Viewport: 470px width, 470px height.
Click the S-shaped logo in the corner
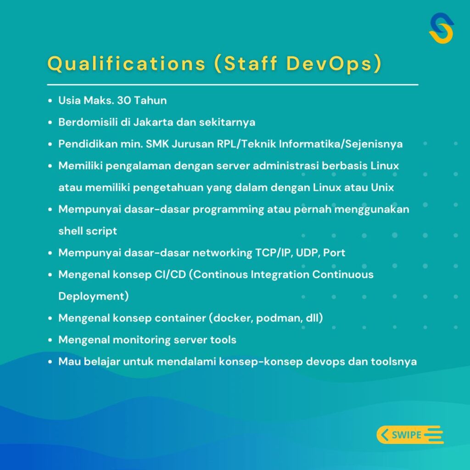click(x=441, y=28)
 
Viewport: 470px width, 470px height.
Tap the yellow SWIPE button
click(x=410, y=434)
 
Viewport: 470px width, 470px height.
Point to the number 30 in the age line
click(x=124, y=100)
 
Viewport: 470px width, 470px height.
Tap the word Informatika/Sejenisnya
click(x=341, y=144)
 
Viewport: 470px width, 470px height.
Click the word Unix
click(x=382, y=187)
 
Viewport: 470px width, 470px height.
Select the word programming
click(x=228, y=209)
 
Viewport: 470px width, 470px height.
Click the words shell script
click(x=88, y=231)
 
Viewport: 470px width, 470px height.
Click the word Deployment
click(x=91, y=296)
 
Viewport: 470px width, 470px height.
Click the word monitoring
click(x=142, y=340)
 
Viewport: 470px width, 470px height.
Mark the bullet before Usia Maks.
click(x=50, y=101)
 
